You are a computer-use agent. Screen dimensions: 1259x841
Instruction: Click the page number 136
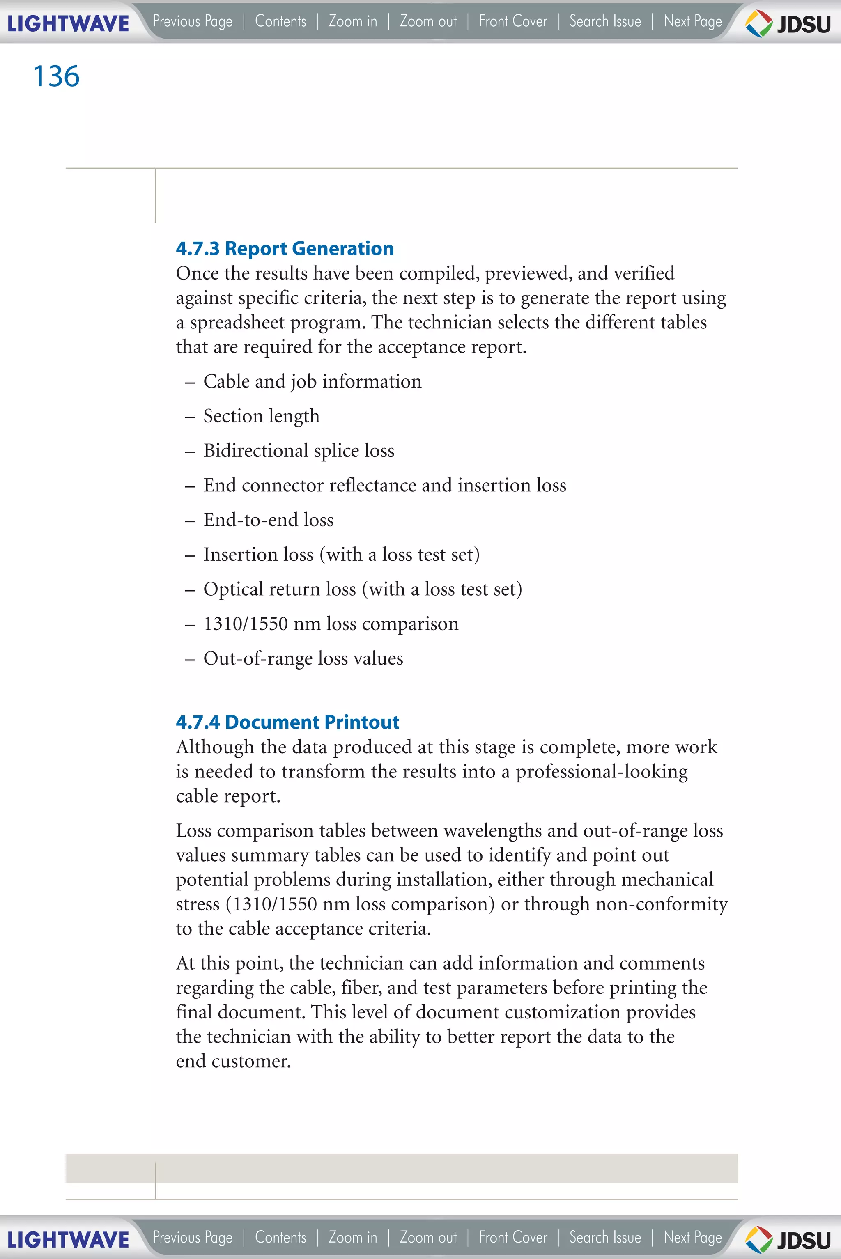56,76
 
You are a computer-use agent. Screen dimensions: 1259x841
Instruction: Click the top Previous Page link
193,21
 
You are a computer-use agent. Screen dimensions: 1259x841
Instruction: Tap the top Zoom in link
352,21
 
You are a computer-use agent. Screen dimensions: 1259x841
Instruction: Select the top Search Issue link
605,21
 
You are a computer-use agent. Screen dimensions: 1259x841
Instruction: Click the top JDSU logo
788,23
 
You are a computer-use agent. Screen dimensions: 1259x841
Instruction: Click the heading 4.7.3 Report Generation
285,248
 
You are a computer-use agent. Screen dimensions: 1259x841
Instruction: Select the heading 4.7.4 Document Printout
287,722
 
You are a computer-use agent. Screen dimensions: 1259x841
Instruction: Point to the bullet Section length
261,416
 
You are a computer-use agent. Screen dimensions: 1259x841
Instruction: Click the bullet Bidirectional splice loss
299,450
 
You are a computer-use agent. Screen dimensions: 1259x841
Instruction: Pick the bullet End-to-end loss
268,520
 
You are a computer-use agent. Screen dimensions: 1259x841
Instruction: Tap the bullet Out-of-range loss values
303,658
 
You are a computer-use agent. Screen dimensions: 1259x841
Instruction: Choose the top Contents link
280,21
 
